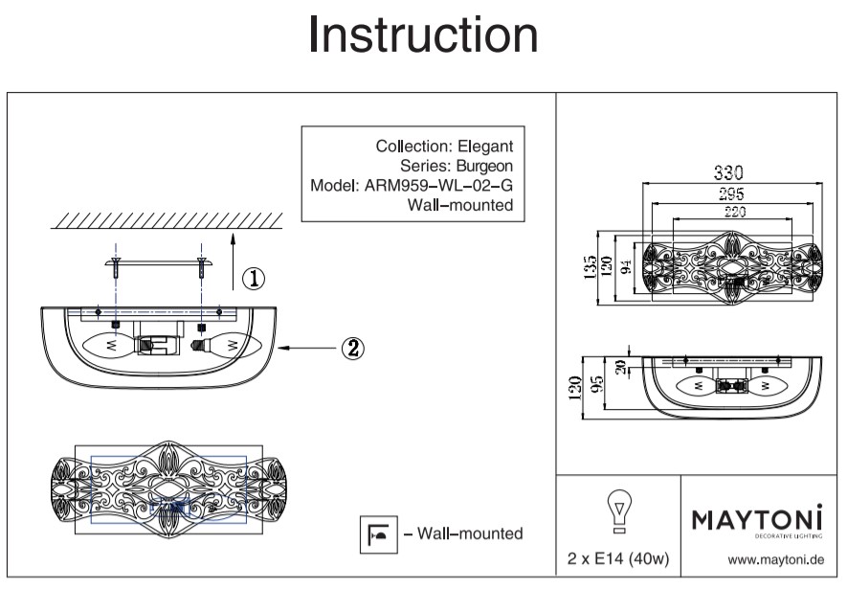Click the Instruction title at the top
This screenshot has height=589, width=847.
tap(423, 35)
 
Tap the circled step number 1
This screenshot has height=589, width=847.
tap(253, 279)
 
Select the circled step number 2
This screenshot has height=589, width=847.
tap(352, 348)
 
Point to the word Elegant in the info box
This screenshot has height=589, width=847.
tap(485, 147)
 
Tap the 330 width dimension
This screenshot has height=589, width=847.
tap(729, 173)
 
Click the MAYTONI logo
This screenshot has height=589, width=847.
tap(757, 520)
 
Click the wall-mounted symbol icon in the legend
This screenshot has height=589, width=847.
tap(372, 534)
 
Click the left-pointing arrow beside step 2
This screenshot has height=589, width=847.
tap(306, 349)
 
